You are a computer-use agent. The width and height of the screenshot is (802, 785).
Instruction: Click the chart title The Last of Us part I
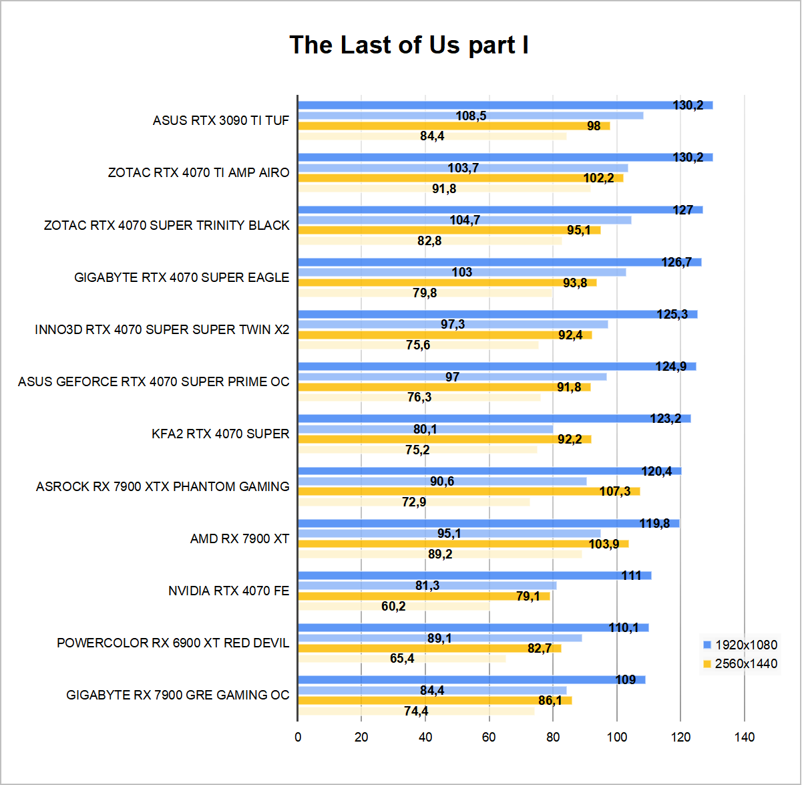409,45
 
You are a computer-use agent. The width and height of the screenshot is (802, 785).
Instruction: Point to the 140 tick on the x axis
745,737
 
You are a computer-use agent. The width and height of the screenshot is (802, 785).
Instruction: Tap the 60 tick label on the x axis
489,737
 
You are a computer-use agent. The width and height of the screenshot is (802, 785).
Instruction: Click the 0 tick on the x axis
298,737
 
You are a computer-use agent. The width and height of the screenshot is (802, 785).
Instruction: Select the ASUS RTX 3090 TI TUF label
221,120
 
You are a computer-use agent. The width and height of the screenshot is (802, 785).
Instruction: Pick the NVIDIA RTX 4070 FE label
228,591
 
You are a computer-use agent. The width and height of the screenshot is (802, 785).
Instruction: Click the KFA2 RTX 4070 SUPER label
220,434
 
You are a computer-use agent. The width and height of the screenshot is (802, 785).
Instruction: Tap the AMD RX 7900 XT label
240,538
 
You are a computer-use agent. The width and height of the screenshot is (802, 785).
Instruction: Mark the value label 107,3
614,491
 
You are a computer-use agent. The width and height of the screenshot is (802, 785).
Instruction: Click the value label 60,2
393,606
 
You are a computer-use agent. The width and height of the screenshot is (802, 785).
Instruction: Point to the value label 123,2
666,419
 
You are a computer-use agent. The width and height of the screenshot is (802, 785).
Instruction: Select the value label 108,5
471,116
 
